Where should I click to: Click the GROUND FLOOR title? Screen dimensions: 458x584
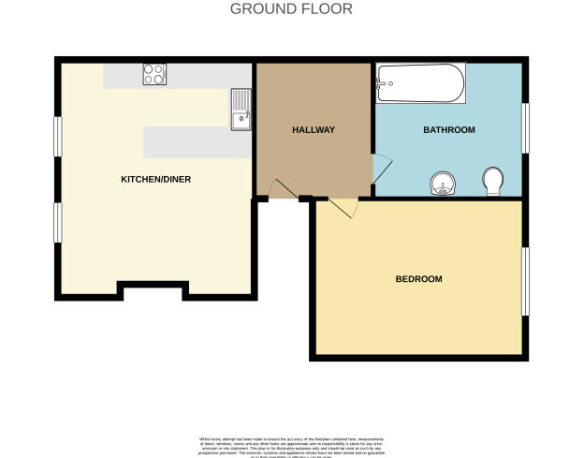tap(291, 9)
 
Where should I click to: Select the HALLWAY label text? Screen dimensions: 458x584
tap(313, 130)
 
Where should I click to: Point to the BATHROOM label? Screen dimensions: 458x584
tap(448, 130)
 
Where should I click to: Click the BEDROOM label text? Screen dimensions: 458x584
tap(418, 279)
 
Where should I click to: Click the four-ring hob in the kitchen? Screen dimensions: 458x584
tap(154, 75)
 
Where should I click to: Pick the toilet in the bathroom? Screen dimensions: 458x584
tap(493, 180)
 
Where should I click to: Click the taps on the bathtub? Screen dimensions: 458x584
tap(382, 83)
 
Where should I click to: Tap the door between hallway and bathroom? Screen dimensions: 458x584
tap(382, 169)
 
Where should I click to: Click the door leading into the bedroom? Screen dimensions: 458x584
tap(343, 208)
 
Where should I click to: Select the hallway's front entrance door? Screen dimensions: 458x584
tap(282, 190)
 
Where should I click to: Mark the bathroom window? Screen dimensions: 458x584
tap(526, 126)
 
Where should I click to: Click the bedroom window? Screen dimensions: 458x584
tap(526, 281)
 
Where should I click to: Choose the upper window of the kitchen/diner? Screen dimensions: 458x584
tap(57, 137)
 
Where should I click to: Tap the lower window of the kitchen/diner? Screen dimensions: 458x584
tap(57, 222)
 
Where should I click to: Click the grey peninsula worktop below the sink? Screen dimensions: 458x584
tap(197, 142)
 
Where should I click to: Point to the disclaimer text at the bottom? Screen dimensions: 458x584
tap(291, 446)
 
